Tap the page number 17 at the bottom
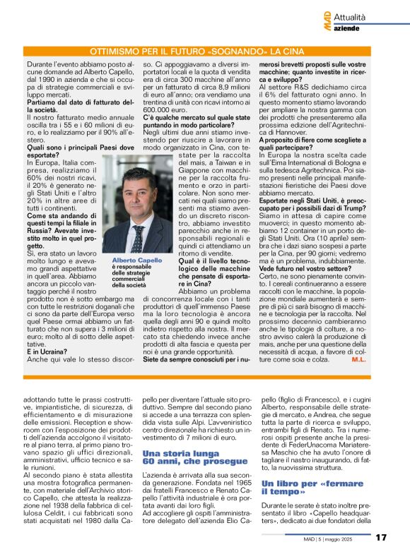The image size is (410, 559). [380, 539]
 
